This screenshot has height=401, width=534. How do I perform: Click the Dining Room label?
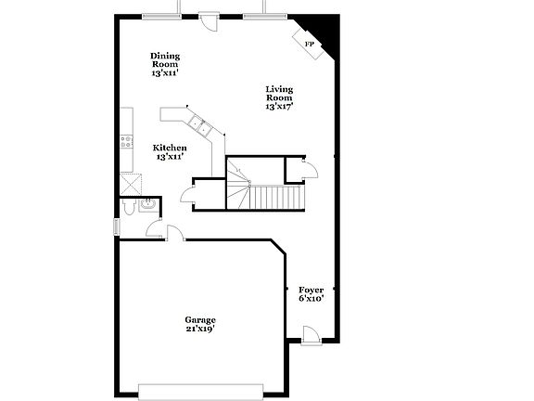click(165, 59)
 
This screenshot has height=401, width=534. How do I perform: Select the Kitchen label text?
click(171, 148)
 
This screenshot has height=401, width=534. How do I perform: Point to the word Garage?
click(200, 319)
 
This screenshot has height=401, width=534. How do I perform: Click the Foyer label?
click(311, 290)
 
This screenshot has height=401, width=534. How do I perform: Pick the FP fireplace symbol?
click(310, 43)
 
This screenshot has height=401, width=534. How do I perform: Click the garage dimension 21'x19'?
click(200, 329)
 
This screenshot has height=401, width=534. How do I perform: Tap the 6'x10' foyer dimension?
click(311, 299)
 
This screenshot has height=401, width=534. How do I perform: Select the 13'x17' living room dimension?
click(279, 107)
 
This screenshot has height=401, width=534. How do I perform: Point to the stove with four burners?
click(126, 142)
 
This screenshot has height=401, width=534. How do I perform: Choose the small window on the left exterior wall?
click(116, 226)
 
